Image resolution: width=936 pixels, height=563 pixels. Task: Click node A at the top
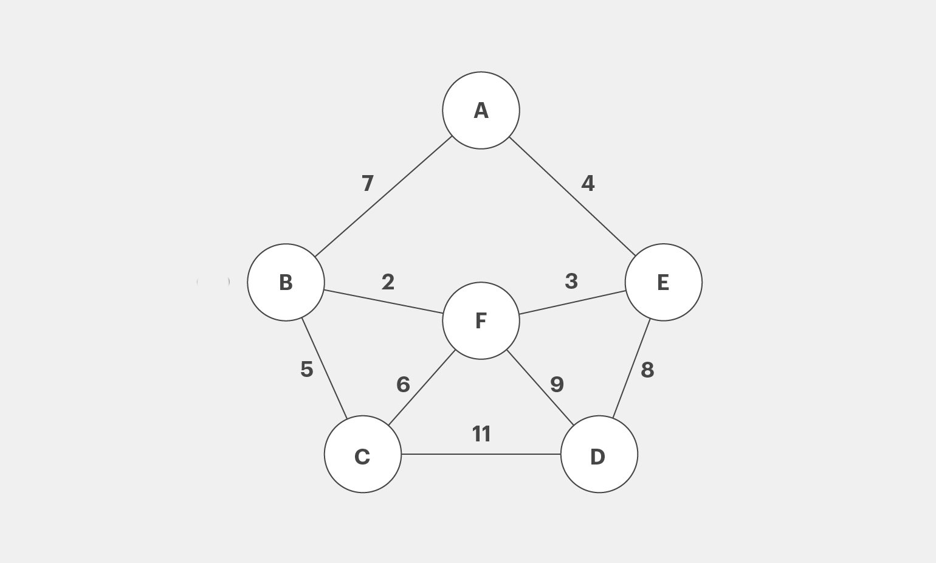tap(481, 110)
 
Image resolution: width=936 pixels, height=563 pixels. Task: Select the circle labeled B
tap(286, 283)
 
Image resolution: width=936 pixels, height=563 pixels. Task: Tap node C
tap(363, 454)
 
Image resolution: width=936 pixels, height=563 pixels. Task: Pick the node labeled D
tap(599, 454)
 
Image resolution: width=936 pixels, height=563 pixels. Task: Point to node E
tap(664, 283)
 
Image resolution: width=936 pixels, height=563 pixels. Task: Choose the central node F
tap(481, 320)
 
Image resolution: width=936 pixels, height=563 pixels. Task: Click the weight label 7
tap(368, 184)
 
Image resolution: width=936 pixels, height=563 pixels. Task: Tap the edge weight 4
tap(588, 184)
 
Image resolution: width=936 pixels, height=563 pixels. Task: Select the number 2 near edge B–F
tap(388, 282)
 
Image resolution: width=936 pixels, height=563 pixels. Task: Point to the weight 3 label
tap(571, 281)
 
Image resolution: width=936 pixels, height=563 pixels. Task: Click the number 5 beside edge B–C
tap(307, 370)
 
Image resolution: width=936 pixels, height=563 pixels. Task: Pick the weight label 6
tap(403, 384)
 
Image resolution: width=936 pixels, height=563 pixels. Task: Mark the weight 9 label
tap(557, 384)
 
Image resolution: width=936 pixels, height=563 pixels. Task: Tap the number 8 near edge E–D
tap(647, 370)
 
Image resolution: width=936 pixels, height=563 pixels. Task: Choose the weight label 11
tap(481, 434)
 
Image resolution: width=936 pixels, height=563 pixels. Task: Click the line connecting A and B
tap(384, 196)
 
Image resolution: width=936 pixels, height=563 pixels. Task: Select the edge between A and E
tap(573, 196)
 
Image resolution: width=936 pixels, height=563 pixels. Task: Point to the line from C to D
tap(481, 454)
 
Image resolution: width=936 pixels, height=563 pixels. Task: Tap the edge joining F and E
tap(572, 302)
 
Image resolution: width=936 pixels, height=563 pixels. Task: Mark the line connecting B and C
tap(325, 368)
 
